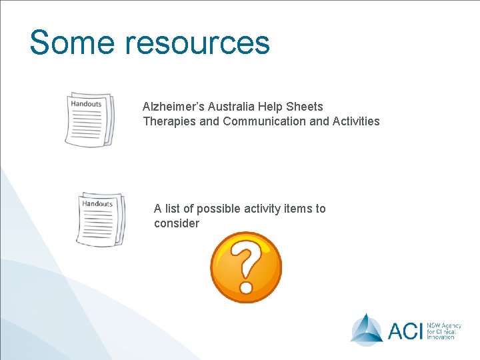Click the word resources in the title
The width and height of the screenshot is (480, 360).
click(x=198, y=42)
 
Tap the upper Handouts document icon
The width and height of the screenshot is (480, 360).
click(x=89, y=119)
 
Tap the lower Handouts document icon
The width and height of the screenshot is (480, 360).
click(x=100, y=219)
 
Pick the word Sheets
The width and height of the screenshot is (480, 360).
click(x=306, y=107)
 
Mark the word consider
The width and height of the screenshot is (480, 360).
click(x=176, y=223)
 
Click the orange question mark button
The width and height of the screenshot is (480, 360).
click(x=246, y=267)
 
